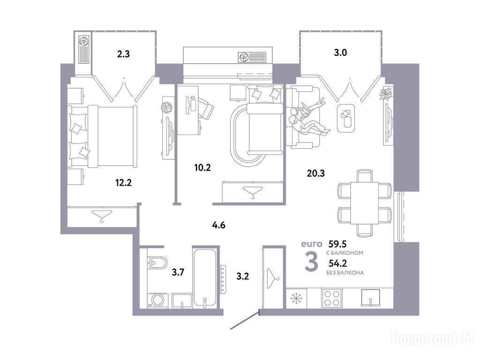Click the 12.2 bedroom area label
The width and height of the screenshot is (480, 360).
123,183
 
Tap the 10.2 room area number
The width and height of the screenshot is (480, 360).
202,167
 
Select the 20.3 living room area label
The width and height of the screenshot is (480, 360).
315,173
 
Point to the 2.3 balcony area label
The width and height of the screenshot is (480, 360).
123,54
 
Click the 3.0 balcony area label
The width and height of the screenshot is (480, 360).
340,52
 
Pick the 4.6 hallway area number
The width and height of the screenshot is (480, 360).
218,225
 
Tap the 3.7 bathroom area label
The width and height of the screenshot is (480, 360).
178,272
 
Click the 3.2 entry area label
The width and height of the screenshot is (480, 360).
242,277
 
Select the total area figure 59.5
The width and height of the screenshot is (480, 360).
337,244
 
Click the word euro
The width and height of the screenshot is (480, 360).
312,244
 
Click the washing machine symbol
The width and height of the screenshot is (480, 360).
157,300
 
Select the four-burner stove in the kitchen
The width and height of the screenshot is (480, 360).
331,298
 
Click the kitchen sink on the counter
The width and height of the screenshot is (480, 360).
370,298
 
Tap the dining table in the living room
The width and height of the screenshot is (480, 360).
365,203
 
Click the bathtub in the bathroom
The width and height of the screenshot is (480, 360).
205,277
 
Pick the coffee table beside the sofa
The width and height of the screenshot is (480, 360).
346,118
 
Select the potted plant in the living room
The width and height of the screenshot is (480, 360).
386,93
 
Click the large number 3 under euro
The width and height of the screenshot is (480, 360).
312,262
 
